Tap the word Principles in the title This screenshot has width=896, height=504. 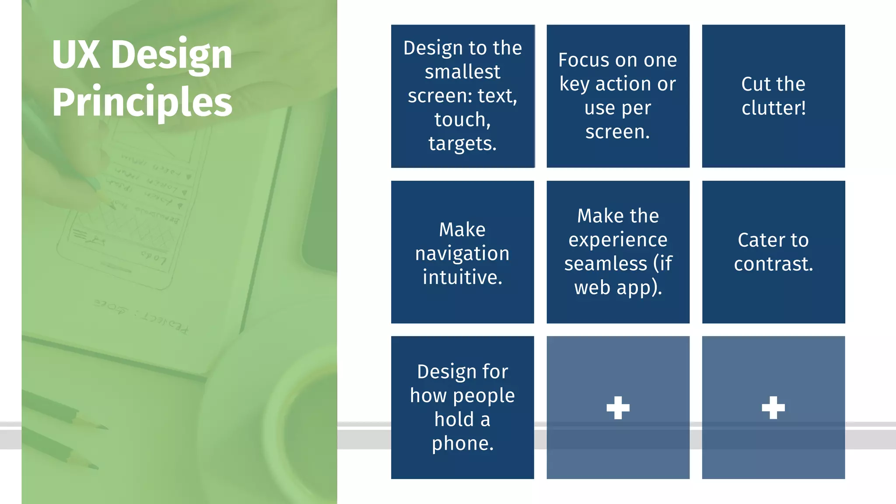coord(142,102)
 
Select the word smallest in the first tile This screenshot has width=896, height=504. coord(462,72)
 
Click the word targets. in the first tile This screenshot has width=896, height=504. coord(462,144)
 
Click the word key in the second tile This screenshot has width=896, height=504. coord(575,84)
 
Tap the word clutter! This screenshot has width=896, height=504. coord(773,108)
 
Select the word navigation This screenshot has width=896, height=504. coord(462,254)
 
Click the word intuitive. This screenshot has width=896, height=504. coord(462,277)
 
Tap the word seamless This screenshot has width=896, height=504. coord(605,264)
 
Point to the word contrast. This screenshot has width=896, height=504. coord(773,264)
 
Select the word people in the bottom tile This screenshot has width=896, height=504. coord(483,396)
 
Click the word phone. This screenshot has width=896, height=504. coord(462,444)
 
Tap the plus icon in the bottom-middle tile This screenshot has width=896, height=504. coord(618,408)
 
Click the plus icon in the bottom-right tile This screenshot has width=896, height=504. coord(773,408)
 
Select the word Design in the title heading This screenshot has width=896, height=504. coord(171,55)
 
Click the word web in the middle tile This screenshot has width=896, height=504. coord(592,288)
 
